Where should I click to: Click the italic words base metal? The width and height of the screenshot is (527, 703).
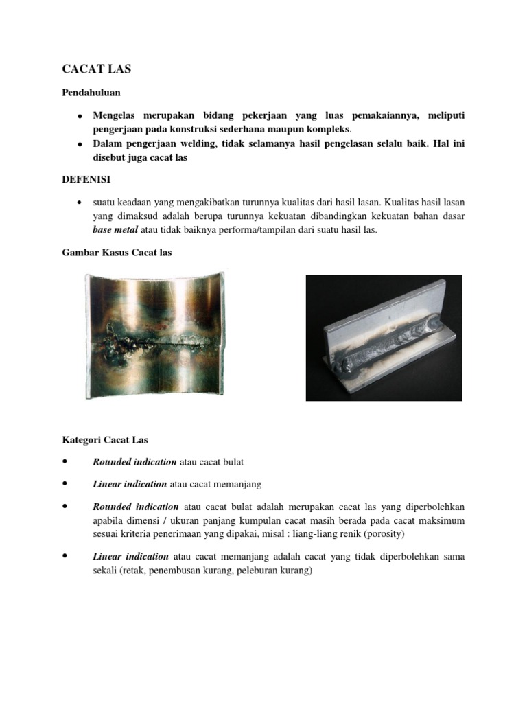[115, 230]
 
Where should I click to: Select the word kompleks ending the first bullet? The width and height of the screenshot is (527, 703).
[348, 128]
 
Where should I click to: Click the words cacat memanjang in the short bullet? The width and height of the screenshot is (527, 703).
[230, 484]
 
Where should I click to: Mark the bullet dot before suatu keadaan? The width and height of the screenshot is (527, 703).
[80, 203]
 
